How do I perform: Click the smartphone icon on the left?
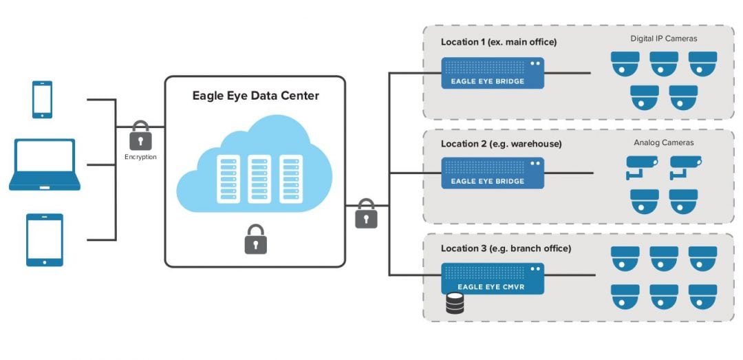[42, 100]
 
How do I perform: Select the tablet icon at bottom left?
[45, 240]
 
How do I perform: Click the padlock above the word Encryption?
[140, 136]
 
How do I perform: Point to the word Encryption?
[140, 157]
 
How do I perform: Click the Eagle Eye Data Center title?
[255, 96]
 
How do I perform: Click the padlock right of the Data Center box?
[366, 214]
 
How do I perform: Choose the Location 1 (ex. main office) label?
[498, 42]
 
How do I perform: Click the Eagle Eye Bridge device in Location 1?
[493, 72]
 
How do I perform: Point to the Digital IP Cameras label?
[663, 39]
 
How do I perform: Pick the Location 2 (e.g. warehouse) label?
[501, 144]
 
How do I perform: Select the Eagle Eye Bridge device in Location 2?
[493, 173]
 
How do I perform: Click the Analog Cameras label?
[663, 142]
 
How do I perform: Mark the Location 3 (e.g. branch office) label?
[506, 248]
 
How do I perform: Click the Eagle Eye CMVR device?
[493, 279]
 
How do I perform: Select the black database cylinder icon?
[455, 304]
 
